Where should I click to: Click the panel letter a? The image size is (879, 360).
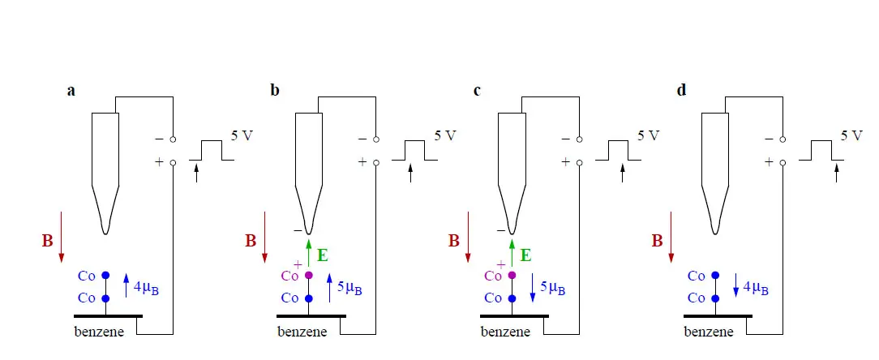pos(71,91)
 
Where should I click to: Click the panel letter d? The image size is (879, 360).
pos(682,90)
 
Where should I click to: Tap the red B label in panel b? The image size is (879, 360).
pos(251,241)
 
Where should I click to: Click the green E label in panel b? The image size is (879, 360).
pos(323,255)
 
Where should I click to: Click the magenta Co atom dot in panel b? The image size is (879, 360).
pos(308,276)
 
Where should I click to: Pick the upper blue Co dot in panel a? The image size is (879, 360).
pos(105,276)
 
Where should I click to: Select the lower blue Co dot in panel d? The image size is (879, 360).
pos(714,298)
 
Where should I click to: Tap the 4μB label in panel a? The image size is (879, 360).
pos(146,289)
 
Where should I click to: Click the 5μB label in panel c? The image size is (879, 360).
pos(553,289)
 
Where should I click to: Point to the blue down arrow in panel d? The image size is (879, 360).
pos(735,285)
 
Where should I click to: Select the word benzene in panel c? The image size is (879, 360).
pos(506,332)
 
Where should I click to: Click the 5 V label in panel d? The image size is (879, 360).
pos(851,135)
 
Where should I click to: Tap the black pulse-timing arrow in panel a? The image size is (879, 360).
pos(196,172)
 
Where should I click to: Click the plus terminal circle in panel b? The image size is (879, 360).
pos(376,163)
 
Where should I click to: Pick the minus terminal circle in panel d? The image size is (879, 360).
pos(783,139)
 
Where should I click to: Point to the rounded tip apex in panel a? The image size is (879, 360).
pos(105,233)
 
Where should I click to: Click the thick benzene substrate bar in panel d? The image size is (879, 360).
pos(718,316)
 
